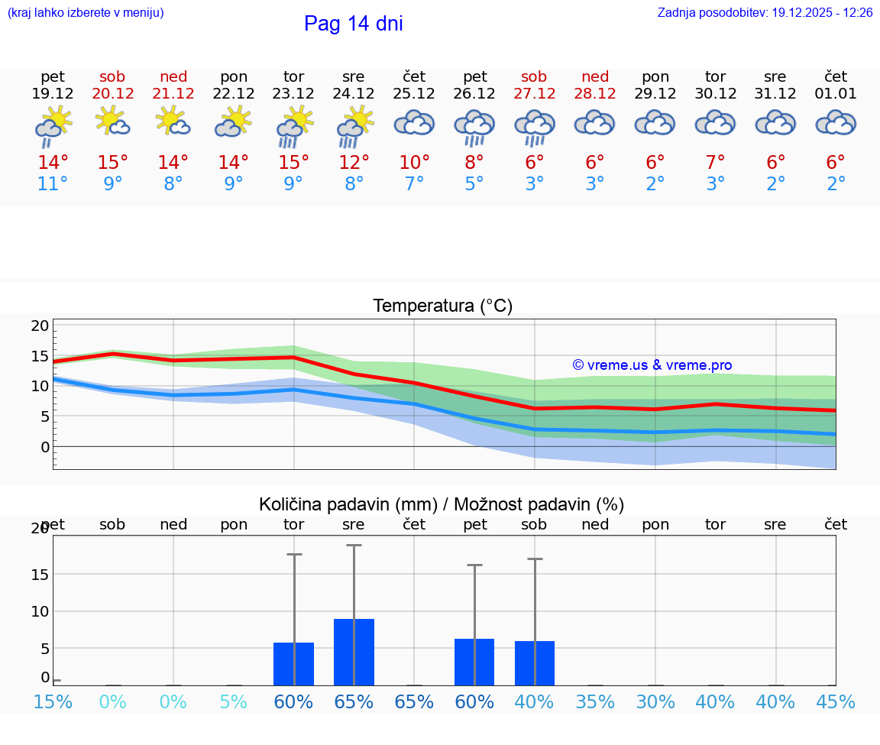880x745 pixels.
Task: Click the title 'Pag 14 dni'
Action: click(353, 24)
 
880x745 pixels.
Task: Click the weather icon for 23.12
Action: click(294, 126)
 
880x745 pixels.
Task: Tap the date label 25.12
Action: click(414, 94)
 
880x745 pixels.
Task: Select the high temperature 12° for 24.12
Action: click(354, 163)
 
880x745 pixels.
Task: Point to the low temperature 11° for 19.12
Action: click(53, 184)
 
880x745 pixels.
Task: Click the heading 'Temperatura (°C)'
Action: click(442, 306)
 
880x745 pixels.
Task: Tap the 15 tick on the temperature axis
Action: click(40, 356)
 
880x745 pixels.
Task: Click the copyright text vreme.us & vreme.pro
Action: click(652, 365)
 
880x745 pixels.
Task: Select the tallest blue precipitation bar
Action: click(354, 652)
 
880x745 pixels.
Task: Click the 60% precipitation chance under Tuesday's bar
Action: click(294, 702)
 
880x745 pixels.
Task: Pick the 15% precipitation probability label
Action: click(53, 702)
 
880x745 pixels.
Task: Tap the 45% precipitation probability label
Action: click(836, 702)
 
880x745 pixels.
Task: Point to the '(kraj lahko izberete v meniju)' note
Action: click(86, 13)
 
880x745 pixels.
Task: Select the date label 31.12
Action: click(775, 94)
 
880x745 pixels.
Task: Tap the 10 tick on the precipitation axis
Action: click(40, 611)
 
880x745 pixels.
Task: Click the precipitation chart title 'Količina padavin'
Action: click(442, 504)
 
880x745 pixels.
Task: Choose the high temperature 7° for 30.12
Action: click(716, 163)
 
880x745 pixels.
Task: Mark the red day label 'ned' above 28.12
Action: click(595, 76)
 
